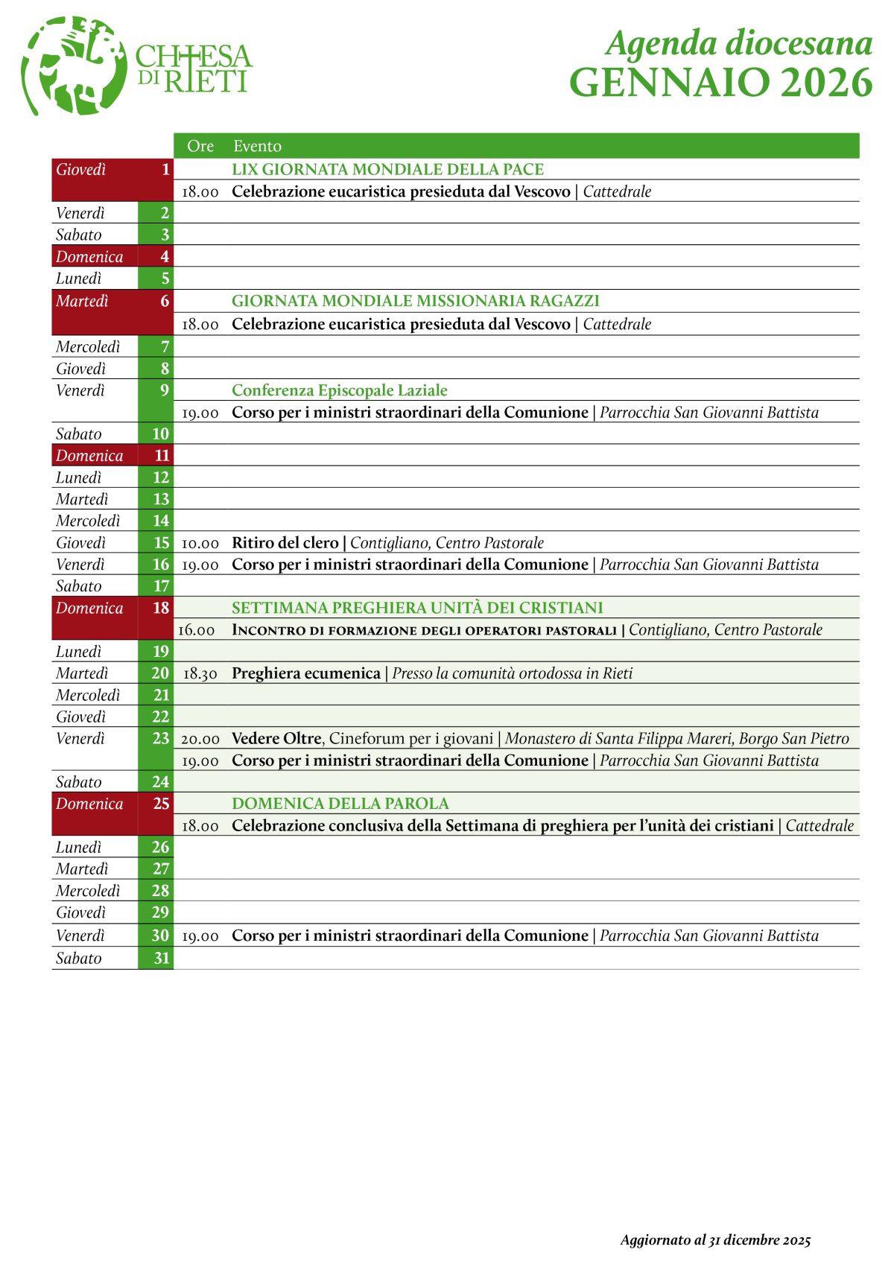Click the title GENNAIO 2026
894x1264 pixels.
(x=720, y=83)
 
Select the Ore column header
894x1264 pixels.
(x=200, y=146)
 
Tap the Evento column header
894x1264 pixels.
(x=257, y=146)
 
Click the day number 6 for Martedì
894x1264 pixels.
(x=165, y=301)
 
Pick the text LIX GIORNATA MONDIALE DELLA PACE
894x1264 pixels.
(x=387, y=169)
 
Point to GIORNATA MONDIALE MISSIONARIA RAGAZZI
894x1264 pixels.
(x=415, y=301)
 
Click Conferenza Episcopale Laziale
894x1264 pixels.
(x=339, y=390)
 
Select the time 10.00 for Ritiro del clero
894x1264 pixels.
(x=200, y=543)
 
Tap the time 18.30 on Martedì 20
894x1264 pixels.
(x=200, y=673)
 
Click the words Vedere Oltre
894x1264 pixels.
(x=276, y=738)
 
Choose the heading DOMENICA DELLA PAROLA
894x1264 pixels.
(x=340, y=804)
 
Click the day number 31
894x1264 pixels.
(x=162, y=958)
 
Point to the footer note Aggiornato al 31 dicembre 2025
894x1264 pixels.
(x=715, y=1240)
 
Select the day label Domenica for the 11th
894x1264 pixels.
(x=89, y=456)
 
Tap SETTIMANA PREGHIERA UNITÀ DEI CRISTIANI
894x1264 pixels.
(x=417, y=608)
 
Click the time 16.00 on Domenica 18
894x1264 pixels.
(x=197, y=630)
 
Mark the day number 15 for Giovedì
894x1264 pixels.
(x=162, y=543)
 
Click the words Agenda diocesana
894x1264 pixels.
(x=739, y=43)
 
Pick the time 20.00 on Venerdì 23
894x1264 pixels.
(x=200, y=739)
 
